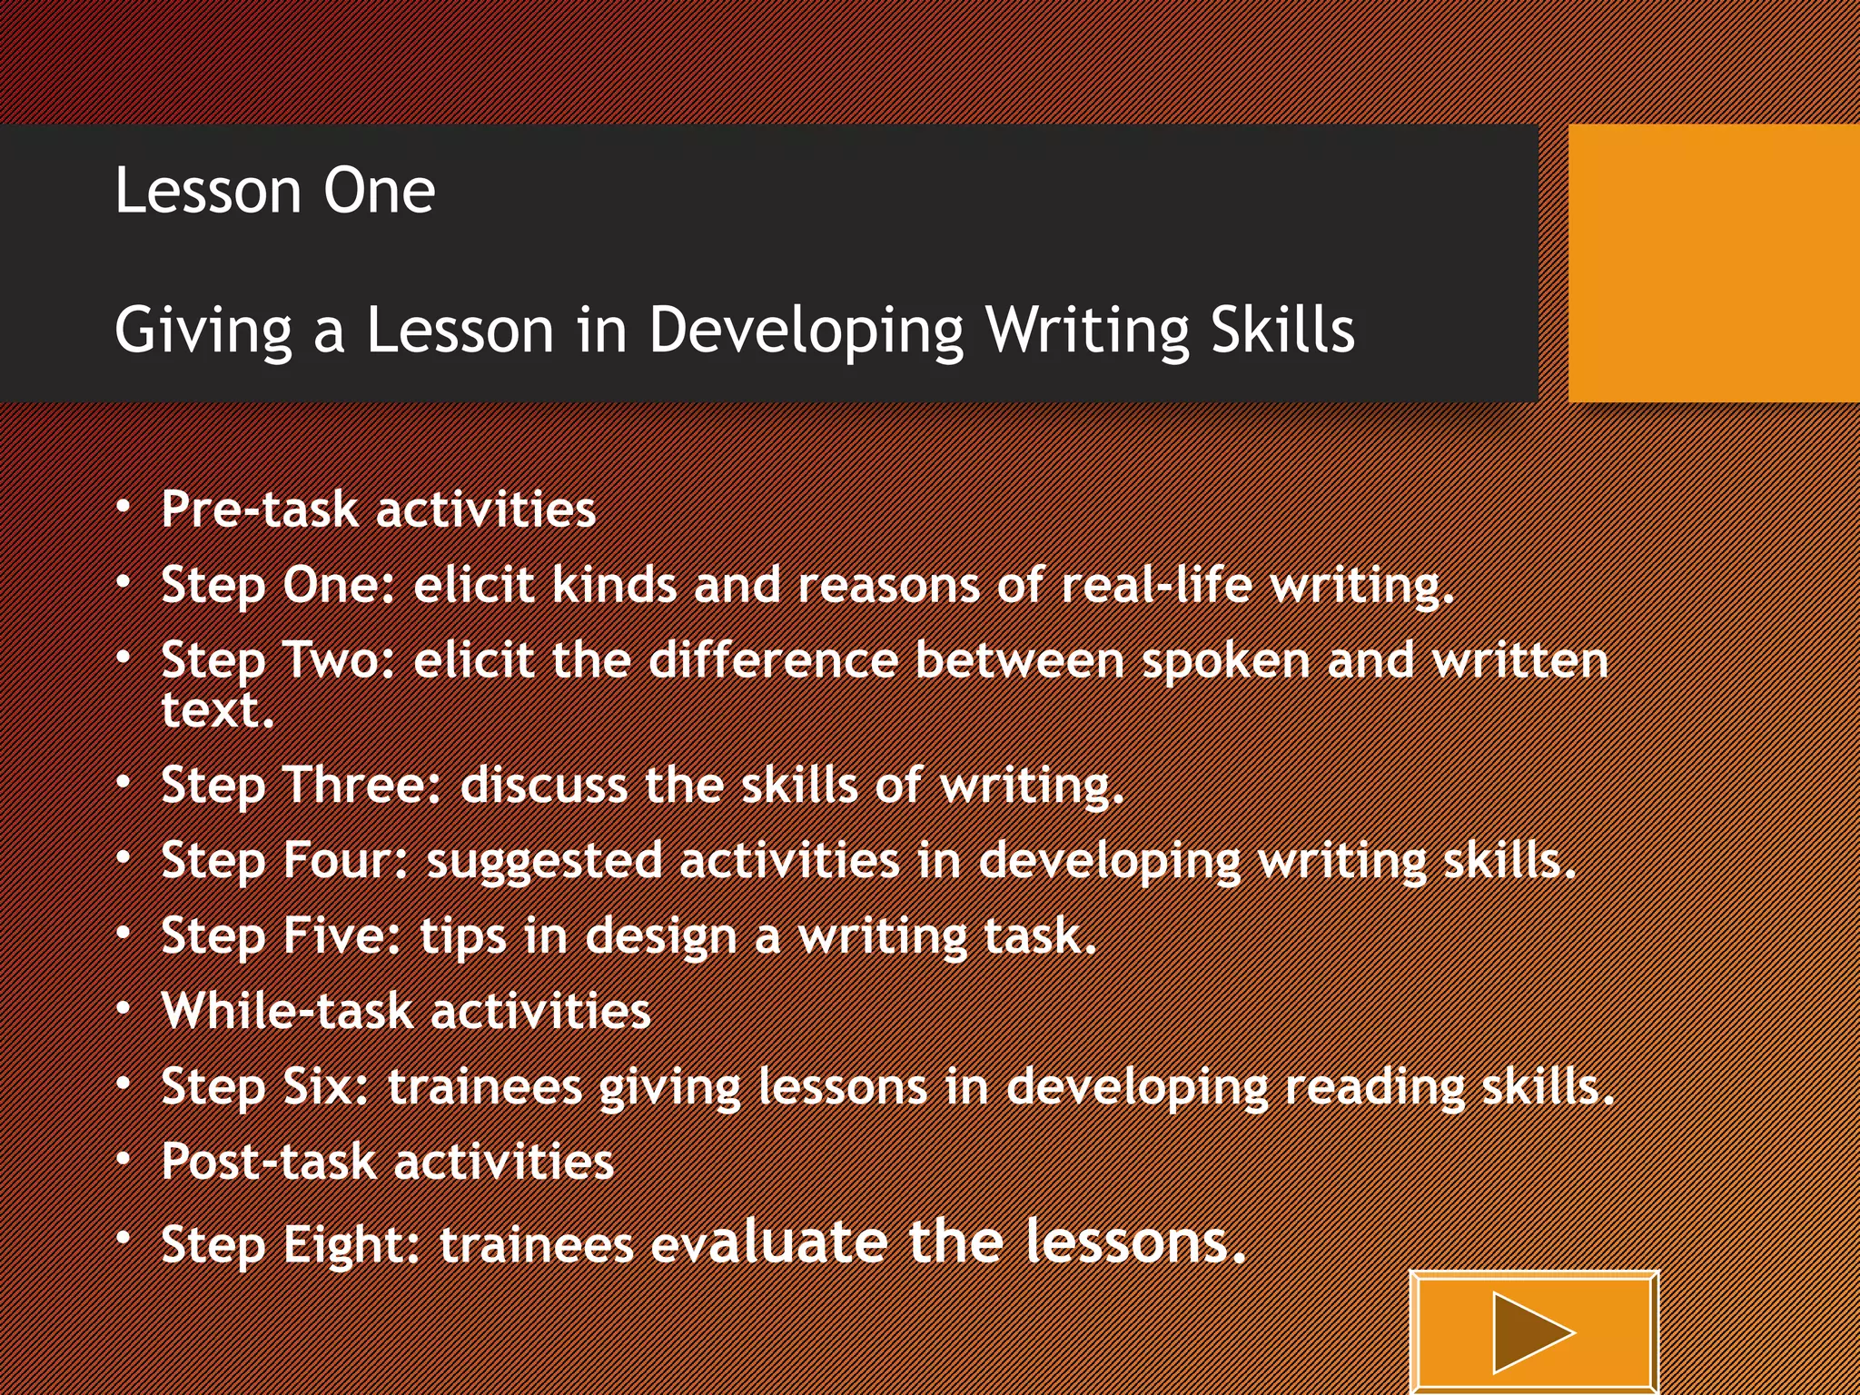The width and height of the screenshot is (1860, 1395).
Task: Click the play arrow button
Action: coord(1533,1332)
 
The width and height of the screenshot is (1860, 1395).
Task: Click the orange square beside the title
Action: coord(1714,263)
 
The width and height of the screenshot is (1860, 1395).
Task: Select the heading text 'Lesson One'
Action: coord(274,191)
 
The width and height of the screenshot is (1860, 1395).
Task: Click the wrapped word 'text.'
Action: coord(218,709)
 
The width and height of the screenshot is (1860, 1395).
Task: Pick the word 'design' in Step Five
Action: coord(660,936)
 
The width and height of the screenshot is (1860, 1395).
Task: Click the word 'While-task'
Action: coord(287,1010)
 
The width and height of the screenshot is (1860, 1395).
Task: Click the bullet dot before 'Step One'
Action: coord(124,582)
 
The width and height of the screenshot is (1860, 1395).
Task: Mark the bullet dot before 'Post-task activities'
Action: coord(124,1160)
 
